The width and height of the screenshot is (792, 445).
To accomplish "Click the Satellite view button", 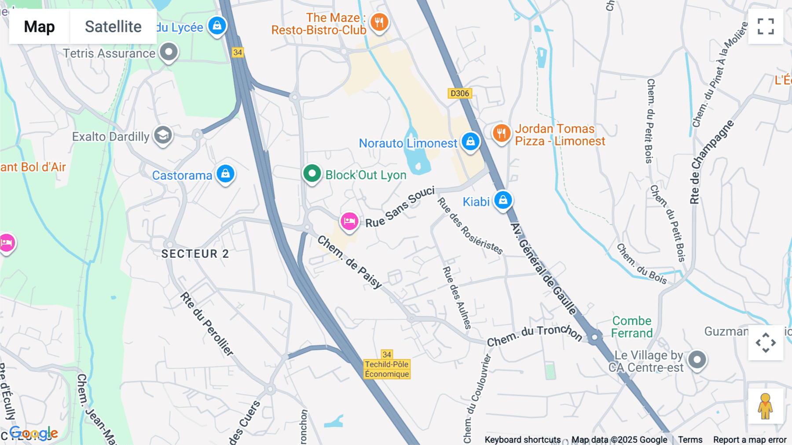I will pyautogui.click(x=113, y=27).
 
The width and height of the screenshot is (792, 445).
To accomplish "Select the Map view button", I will pyautogui.click(x=39, y=27).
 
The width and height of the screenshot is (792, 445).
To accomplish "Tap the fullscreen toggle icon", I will pyautogui.click(x=766, y=26).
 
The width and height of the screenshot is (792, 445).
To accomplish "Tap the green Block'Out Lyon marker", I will pyautogui.click(x=312, y=174).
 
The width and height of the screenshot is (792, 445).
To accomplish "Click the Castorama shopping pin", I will pyautogui.click(x=225, y=174).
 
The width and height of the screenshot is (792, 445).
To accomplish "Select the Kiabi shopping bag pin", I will pyautogui.click(x=503, y=200).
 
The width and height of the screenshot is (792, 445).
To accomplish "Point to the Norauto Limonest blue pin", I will pyautogui.click(x=470, y=141).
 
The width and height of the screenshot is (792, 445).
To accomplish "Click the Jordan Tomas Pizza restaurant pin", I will pyautogui.click(x=501, y=132).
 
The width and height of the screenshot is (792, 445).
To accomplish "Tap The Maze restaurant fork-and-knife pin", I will pyautogui.click(x=379, y=22).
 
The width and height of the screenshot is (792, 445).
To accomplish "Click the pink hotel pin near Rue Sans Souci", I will pyautogui.click(x=349, y=221).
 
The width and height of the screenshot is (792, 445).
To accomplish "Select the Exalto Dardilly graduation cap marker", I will pyautogui.click(x=163, y=135).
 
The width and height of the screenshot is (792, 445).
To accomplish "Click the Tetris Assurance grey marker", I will pyautogui.click(x=169, y=52).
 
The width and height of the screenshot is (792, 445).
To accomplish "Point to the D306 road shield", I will pyautogui.click(x=460, y=93).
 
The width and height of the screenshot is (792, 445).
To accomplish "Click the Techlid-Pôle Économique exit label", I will pyautogui.click(x=387, y=369).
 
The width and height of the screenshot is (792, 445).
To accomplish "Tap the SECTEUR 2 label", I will pyautogui.click(x=195, y=254).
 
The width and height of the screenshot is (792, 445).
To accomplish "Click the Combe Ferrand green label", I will pyautogui.click(x=632, y=327).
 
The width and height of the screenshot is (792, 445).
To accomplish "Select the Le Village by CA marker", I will pyautogui.click(x=697, y=360).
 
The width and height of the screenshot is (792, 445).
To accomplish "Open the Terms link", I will pyautogui.click(x=690, y=440).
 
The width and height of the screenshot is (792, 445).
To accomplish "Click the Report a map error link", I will pyautogui.click(x=750, y=440).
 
